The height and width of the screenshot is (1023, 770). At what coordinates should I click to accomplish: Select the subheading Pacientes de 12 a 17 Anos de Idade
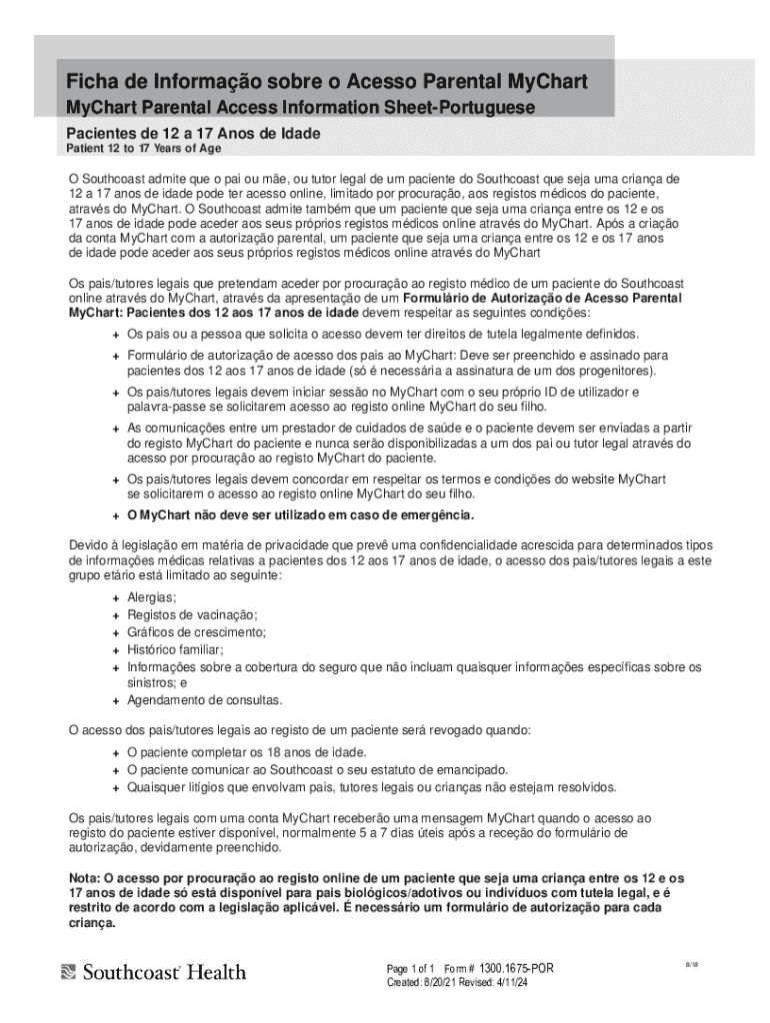pos(193,134)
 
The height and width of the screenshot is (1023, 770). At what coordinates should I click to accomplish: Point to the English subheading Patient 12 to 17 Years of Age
pos(144,149)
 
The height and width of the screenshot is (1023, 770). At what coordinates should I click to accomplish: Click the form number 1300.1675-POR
pos(515,969)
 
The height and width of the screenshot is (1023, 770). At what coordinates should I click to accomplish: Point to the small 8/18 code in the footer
pos(691,965)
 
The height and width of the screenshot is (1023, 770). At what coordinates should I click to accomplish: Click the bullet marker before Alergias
pos(116,597)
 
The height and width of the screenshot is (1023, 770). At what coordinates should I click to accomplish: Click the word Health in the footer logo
pos(216,971)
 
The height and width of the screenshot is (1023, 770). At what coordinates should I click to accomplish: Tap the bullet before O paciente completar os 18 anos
pos(116,752)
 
